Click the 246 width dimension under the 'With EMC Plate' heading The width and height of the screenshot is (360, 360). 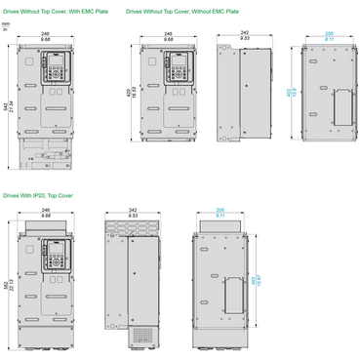[x=45, y=35]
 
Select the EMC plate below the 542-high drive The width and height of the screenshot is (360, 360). [x=45, y=150]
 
